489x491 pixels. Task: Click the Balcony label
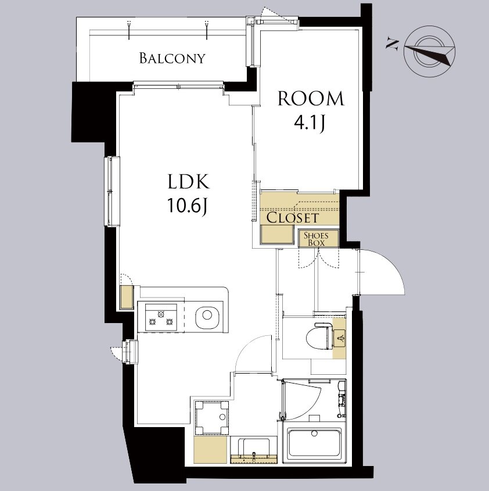pos(172,58)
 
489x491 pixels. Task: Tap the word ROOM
pos(311,98)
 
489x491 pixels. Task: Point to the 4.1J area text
pos(310,123)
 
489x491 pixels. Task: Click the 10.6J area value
pos(187,206)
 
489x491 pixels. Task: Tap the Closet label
pos(293,218)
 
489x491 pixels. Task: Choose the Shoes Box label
pos(316,239)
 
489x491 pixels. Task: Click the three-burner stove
pos(161,317)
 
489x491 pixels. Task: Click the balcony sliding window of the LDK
pos(178,85)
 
